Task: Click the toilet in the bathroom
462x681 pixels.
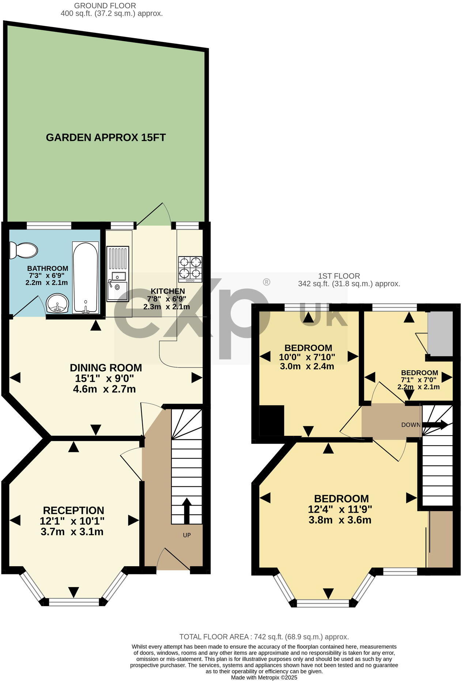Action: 24,250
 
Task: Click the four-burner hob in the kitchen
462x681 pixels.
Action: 190,269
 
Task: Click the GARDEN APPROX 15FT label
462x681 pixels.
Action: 106,138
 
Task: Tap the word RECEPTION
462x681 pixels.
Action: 73,510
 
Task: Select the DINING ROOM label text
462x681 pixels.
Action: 106,368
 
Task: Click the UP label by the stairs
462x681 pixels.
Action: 187,535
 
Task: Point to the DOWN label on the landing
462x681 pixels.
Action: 411,425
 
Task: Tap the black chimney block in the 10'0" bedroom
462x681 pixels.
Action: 271,421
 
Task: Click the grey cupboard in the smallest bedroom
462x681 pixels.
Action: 440,333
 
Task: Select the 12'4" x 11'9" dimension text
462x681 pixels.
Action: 340,509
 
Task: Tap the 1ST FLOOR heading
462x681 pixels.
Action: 339,276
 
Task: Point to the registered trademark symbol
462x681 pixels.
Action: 266,282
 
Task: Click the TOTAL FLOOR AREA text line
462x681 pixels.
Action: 264,637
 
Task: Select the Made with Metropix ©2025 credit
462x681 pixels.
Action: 264,677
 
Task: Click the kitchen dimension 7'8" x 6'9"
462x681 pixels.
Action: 167,299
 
